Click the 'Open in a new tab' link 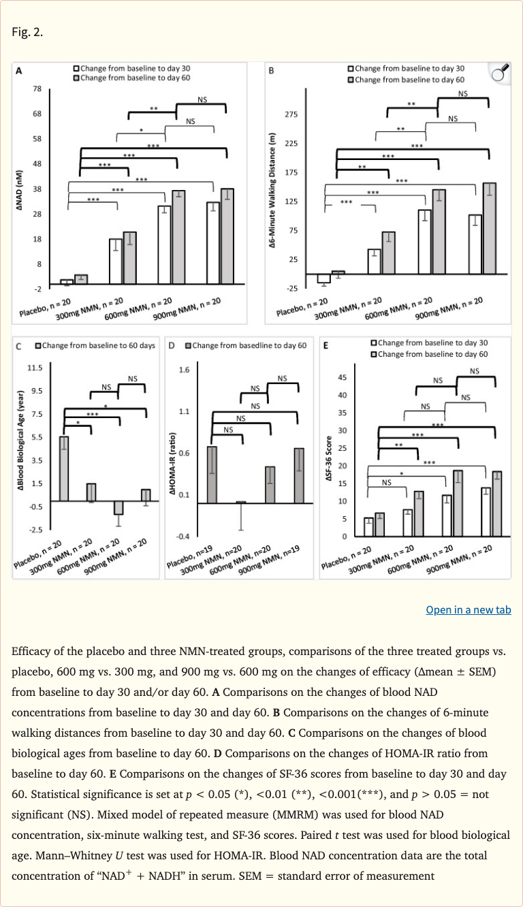(468, 610)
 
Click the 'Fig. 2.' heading (28, 31)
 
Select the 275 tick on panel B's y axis (291, 114)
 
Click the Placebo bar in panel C (64, 468)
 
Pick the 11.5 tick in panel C (33, 368)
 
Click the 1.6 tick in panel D (184, 370)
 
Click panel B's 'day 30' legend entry (406, 69)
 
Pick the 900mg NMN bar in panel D (300, 475)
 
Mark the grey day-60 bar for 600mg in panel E (458, 503)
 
